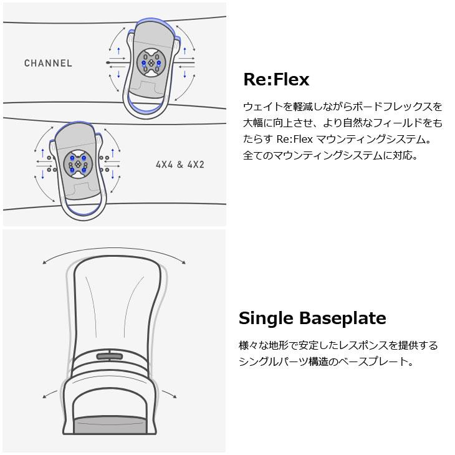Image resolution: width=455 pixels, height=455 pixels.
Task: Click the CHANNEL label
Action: [48, 63]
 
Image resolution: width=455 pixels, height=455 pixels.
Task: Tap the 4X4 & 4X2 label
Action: [180, 165]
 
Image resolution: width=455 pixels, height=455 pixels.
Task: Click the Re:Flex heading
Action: [276, 79]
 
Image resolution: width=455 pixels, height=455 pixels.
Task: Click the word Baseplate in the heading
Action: [343, 318]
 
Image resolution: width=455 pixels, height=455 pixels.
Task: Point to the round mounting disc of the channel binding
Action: [151, 63]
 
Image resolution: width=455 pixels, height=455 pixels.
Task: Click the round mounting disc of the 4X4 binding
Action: [78, 165]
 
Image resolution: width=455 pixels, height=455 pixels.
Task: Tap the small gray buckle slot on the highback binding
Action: [109, 357]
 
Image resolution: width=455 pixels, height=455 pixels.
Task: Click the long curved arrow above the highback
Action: [114, 249]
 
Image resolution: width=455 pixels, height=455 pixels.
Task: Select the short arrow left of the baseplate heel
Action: [49, 394]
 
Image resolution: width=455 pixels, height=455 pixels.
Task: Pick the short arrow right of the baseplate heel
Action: [169, 394]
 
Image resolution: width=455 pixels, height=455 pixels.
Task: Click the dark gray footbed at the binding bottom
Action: [110, 425]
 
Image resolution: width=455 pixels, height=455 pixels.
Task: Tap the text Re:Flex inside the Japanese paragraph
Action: [294, 139]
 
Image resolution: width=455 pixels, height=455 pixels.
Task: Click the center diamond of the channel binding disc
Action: [151, 63]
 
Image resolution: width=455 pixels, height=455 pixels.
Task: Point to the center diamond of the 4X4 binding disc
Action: [78, 165]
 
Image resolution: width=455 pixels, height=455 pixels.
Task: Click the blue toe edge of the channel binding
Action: [151, 20]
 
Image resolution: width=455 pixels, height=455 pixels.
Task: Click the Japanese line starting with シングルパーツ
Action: [326, 362]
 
